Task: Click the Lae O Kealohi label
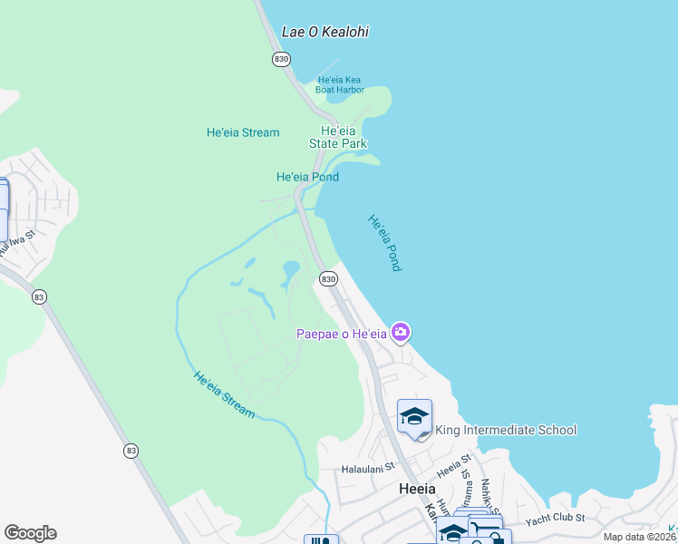(x=325, y=32)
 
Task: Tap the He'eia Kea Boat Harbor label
(x=340, y=84)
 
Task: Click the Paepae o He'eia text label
(x=343, y=335)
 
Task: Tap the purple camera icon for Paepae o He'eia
(x=400, y=333)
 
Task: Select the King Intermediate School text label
(x=506, y=430)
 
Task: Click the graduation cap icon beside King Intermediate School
(x=414, y=416)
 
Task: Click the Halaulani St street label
(x=369, y=469)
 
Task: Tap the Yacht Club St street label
(x=556, y=518)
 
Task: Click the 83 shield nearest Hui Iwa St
(x=38, y=296)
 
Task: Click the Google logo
(x=30, y=533)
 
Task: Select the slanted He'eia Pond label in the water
(x=383, y=243)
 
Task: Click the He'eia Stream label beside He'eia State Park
(x=243, y=132)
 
